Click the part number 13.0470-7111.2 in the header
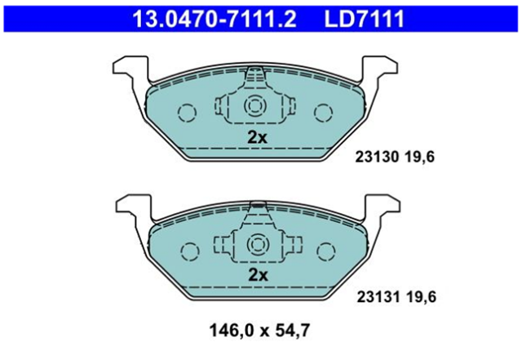pos(215,19)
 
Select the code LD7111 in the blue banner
pos(365,19)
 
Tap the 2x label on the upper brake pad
pos(257,137)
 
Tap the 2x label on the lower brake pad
pos(259,275)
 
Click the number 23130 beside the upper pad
pos(377,157)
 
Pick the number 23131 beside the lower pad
pos(378,296)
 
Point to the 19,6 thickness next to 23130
pos(420,157)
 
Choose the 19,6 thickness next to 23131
pos(422,296)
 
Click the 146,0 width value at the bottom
pos(231,331)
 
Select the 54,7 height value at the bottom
pos(293,331)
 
